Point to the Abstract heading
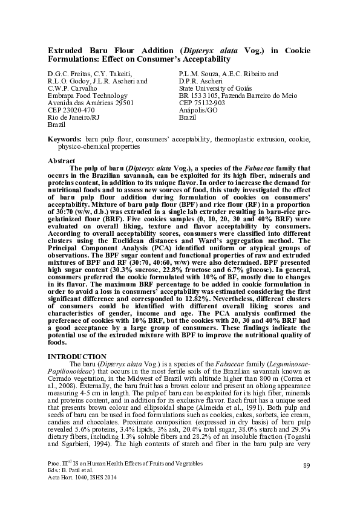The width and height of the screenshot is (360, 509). pos(61,161)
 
